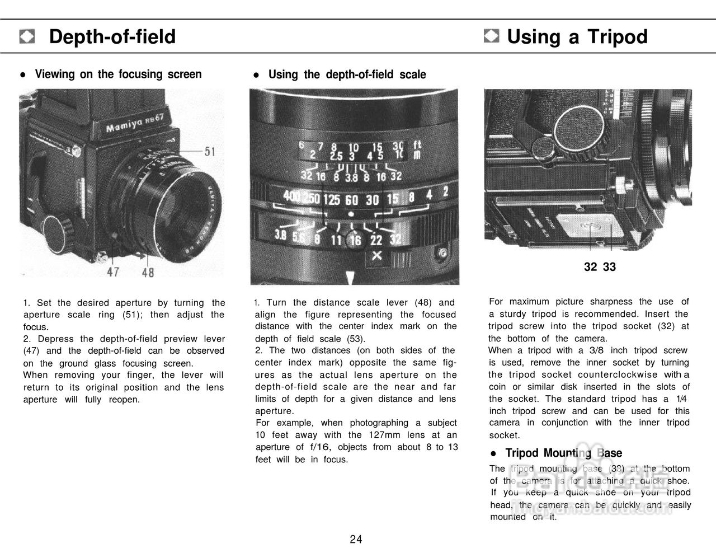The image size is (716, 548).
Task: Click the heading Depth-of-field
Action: click(112, 37)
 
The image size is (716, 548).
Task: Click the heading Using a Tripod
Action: click(577, 37)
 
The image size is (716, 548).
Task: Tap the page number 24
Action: click(356, 539)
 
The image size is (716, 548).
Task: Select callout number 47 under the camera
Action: click(113, 273)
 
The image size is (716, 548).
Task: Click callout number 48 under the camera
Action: click(147, 273)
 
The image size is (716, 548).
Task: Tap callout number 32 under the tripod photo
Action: click(590, 267)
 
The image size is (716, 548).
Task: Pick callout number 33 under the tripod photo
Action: click(609, 267)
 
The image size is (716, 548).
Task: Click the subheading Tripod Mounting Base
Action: click(563, 453)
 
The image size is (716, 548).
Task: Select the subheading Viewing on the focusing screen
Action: click(118, 74)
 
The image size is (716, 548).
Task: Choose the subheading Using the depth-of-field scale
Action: click(347, 74)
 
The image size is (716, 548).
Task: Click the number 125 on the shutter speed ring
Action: click(332, 200)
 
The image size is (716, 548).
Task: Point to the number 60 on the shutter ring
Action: click(351, 200)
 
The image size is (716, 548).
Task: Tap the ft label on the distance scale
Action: click(417, 144)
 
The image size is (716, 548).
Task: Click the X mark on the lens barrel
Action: click(376, 256)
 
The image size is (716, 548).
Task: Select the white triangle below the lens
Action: click(351, 278)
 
